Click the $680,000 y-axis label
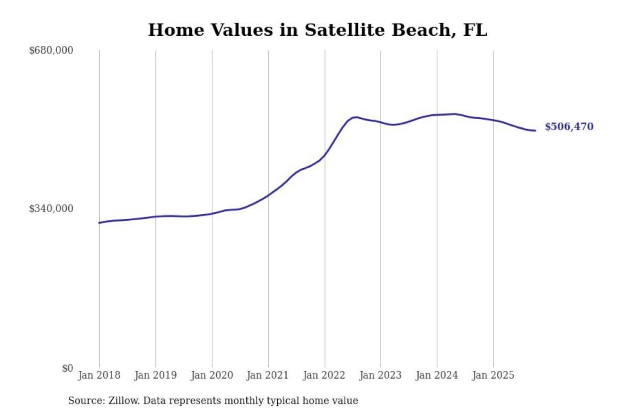pyautogui.click(x=51, y=50)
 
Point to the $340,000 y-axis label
pyautogui.click(x=51, y=209)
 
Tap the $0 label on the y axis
pyautogui.click(x=67, y=368)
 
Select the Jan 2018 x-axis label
pyautogui.click(x=99, y=375)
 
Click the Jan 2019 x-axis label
pyautogui.click(x=155, y=375)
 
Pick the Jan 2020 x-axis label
pyautogui.click(x=211, y=375)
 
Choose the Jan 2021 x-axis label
pyautogui.click(x=267, y=375)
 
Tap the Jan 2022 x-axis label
pyautogui.click(x=324, y=375)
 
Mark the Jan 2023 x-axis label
pyautogui.click(x=380, y=375)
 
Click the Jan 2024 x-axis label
pyautogui.click(x=436, y=375)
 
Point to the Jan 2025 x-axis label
pyautogui.click(x=493, y=375)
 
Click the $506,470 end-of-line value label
pyautogui.click(x=569, y=126)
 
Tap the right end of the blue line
pyautogui.click(x=535, y=130)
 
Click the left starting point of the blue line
pyautogui.click(x=99, y=223)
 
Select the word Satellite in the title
pyautogui.click(x=344, y=30)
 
